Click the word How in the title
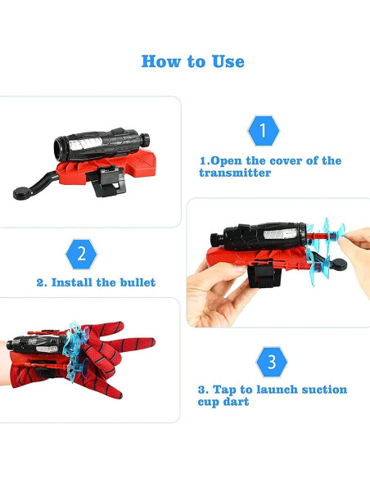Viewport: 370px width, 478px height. tap(161, 61)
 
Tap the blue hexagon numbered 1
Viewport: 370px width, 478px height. tap(264, 130)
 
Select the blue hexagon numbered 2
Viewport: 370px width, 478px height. tap(81, 254)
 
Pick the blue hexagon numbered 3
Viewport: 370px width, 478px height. tap(272, 362)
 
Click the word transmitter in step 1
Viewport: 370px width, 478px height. tap(235, 173)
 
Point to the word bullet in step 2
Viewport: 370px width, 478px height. tap(138, 282)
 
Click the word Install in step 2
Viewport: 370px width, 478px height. tap(72, 282)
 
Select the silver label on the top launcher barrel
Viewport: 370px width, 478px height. tap(86, 143)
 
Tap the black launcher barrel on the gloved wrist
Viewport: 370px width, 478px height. tap(37, 344)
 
